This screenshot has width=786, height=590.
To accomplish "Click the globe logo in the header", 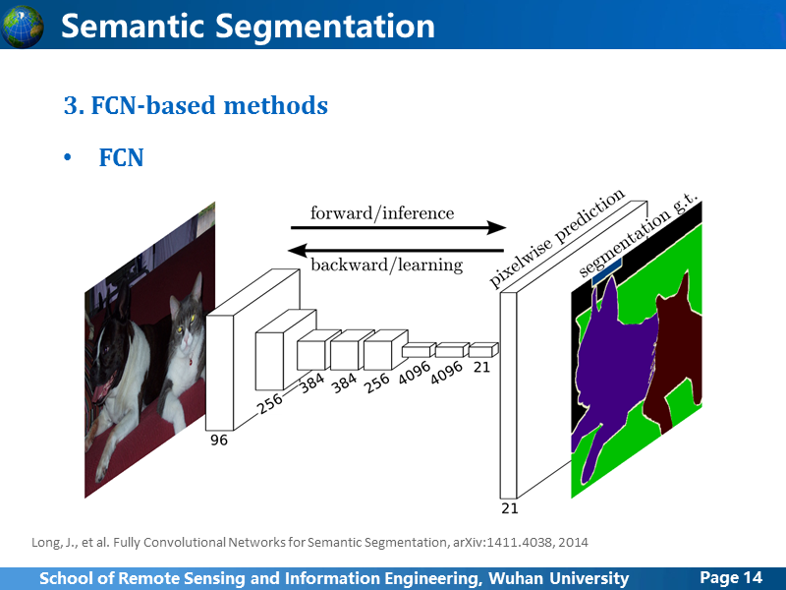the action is [x=22, y=27].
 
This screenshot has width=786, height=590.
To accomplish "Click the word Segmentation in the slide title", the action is [x=325, y=27].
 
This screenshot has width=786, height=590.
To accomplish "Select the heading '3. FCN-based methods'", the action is [x=196, y=105].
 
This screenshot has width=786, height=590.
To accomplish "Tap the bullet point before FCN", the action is [x=68, y=157].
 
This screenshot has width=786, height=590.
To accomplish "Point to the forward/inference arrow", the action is [x=399, y=228].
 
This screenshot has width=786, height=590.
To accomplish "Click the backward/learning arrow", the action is [x=396, y=250].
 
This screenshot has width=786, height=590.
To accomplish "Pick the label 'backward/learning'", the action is [x=386, y=265].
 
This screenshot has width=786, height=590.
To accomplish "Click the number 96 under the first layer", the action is [x=219, y=440].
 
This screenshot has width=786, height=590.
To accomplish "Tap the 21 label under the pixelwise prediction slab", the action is [x=510, y=508].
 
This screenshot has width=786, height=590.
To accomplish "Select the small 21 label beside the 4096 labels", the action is [x=481, y=367].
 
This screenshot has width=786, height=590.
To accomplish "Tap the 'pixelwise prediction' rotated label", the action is [x=556, y=239].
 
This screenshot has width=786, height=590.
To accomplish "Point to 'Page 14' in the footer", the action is [x=731, y=577].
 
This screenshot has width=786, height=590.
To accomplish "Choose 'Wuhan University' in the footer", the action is [x=558, y=578].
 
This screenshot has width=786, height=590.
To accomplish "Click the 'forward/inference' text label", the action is [x=382, y=212].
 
